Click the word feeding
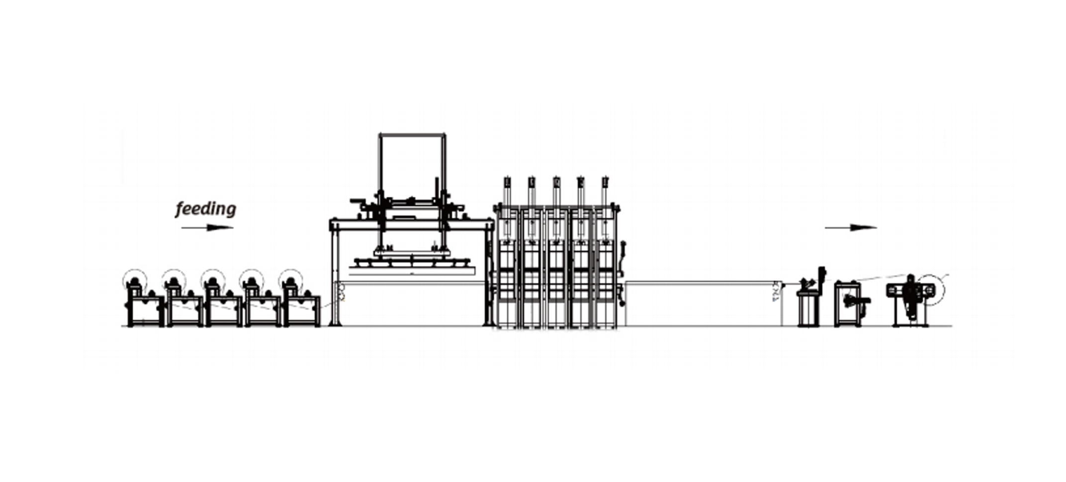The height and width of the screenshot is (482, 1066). click(206, 209)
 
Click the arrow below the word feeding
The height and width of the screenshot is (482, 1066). click(207, 228)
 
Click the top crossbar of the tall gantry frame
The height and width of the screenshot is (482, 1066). click(412, 134)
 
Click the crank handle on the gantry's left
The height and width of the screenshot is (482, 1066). click(357, 202)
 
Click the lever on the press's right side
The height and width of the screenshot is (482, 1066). click(623, 248)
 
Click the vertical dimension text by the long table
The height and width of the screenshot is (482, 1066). click(775, 294)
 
